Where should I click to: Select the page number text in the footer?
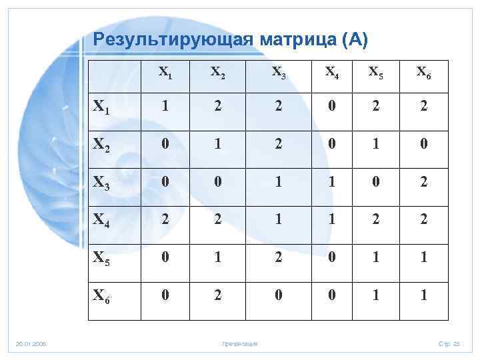click(x=450, y=344)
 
